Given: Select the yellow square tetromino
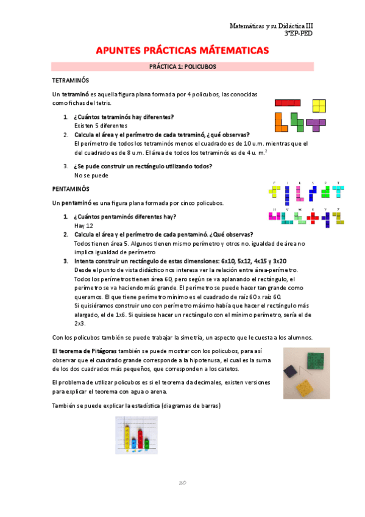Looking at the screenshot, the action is (x=319, y=106).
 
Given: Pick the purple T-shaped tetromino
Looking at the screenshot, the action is (x=316, y=124).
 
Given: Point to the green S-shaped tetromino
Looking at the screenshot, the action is (x=297, y=122).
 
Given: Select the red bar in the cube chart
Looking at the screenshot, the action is (x=140, y=438).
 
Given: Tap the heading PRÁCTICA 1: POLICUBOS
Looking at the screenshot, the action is (x=182, y=66).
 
